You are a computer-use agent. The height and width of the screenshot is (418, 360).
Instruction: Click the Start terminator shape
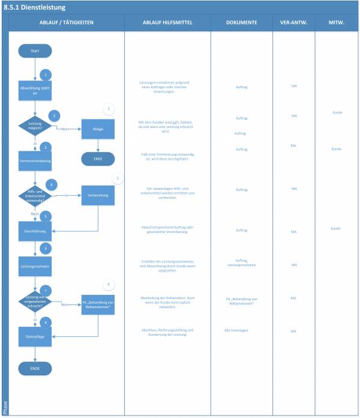click(x=35, y=51)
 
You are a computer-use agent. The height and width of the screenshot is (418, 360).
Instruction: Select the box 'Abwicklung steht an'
click(x=35, y=90)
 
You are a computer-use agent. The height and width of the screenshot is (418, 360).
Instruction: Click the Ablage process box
click(x=98, y=129)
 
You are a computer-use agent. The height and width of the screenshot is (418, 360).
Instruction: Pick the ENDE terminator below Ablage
click(x=98, y=159)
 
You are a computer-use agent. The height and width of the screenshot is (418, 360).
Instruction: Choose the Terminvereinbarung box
click(x=35, y=161)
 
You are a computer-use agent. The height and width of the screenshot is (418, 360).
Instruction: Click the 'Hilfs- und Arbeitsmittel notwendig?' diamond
click(x=35, y=196)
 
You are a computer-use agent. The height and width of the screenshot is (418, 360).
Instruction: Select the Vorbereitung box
click(x=98, y=195)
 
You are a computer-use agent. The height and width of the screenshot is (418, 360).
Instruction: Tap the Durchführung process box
click(x=35, y=229)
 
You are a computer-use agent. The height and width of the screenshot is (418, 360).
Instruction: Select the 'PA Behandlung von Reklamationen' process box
click(x=98, y=303)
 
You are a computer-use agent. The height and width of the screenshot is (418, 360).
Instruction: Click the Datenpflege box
click(x=35, y=337)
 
